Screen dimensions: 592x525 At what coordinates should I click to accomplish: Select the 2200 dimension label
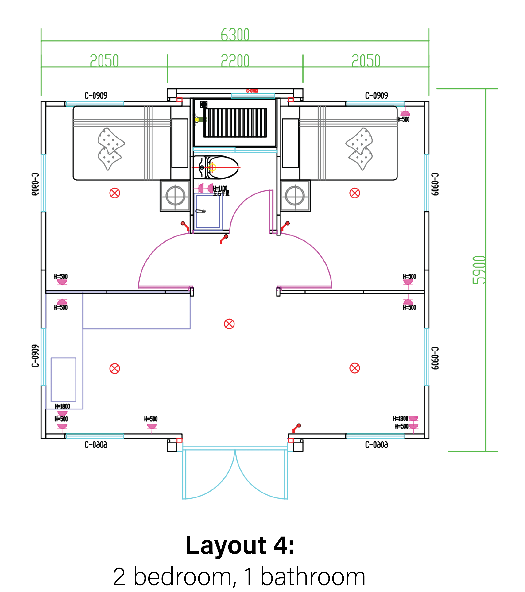pos(235,61)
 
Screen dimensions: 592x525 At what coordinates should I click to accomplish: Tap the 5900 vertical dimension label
pos(479,270)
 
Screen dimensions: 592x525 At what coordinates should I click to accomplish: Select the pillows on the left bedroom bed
pos(110,149)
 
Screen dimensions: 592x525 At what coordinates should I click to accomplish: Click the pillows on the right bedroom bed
pos(359,149)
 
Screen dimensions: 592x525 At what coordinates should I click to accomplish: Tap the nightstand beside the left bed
pos(175,196)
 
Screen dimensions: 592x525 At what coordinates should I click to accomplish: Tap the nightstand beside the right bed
pos(295,196)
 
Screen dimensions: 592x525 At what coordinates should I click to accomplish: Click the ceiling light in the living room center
pos(229,324)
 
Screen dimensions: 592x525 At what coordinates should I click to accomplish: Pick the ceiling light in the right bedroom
pos(355,193)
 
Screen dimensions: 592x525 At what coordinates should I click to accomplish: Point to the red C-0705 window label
pos(252,91)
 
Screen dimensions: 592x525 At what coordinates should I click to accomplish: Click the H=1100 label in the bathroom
pos(220,189)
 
